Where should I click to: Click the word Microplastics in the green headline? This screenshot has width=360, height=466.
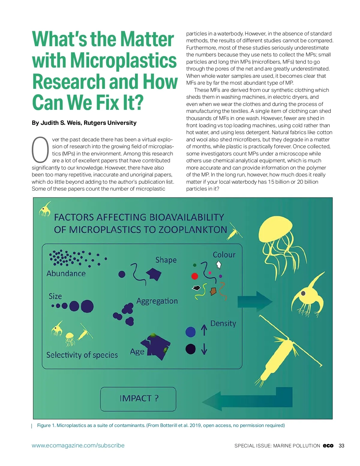[x=123, y=61]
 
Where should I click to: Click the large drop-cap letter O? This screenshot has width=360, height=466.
[x=40, y=150]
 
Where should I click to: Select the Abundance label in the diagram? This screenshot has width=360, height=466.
[x=66, y=273]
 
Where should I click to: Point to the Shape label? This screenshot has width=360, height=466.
[x=166, y=260]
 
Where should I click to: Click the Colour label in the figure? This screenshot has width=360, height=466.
[x=224, y=255]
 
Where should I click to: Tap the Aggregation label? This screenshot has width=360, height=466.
[x=157, y=301]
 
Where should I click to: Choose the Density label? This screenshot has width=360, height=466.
[x=223, y=323]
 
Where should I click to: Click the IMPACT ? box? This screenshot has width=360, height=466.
[x=138, y=398]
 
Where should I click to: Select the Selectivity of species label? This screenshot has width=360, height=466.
[x=82, y=355]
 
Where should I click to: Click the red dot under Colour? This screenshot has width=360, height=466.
[x=195, y=276]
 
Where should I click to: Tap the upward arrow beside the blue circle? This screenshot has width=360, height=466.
[x=204, y=330]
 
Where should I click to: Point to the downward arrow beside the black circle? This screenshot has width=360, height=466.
[x=204, y=349]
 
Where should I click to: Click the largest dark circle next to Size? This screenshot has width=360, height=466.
[x=87, y=306]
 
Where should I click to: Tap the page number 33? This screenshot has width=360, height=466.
[x=341, y=446]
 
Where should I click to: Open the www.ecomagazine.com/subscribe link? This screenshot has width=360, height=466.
[x=78, y=446]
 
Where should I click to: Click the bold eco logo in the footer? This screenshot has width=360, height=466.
[x=328, y=446]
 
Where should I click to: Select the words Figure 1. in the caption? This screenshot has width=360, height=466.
[x=46, y=425]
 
